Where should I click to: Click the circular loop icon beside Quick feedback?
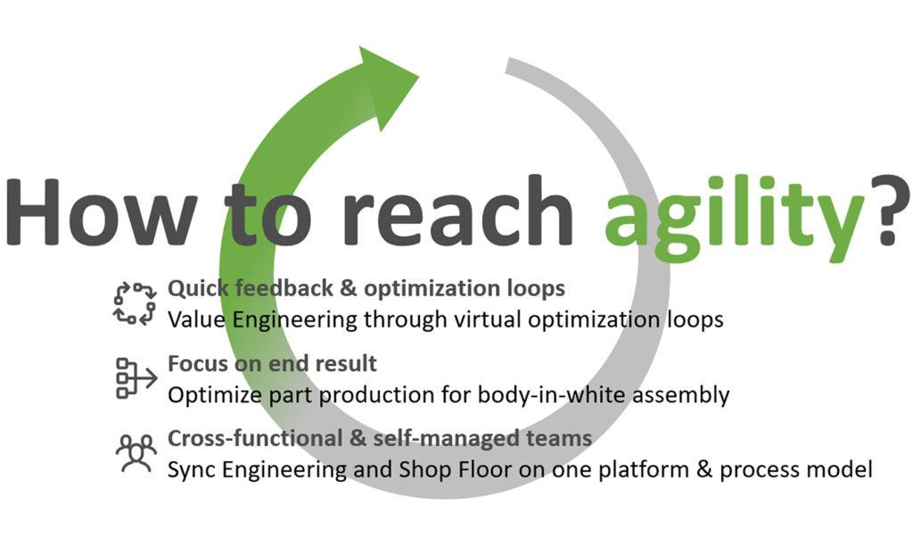135,302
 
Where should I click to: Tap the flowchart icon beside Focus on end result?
135,378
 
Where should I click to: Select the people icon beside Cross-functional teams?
135,454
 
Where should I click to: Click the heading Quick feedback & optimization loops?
366,289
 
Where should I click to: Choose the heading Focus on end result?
272,364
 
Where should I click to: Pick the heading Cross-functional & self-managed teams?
380,439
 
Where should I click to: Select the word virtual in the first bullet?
438,319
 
